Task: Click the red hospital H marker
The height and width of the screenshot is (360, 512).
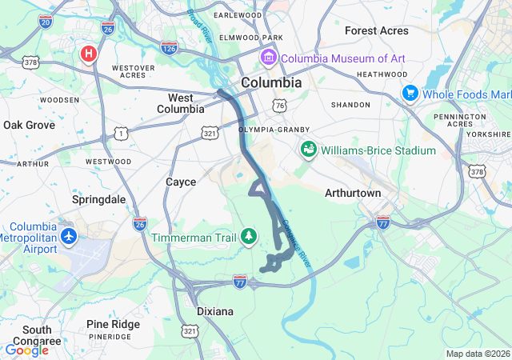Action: (89, 54)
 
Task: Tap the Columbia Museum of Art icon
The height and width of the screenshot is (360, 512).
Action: (267, 58)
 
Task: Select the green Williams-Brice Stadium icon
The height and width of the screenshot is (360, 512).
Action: (308, 150)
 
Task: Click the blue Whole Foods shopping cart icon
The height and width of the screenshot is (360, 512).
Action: (410, 94)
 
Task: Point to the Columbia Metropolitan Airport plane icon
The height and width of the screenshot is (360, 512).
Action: (70, 238)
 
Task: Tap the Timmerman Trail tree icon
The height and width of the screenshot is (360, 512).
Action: (250, 235)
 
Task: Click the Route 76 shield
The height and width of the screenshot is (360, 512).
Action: (278, 106)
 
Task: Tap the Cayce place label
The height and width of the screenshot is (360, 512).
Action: (181, 182)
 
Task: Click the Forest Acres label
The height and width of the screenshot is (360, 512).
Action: (376, 30)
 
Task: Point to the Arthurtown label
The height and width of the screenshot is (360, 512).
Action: (353, 194)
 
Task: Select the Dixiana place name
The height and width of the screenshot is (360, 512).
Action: (215, 310)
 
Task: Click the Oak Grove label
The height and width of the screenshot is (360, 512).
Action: (30, 125)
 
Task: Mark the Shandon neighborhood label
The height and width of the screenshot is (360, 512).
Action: (351, 105)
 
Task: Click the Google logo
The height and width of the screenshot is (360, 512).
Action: (27, 350)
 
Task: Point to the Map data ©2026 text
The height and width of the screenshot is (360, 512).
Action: (477, 354)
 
